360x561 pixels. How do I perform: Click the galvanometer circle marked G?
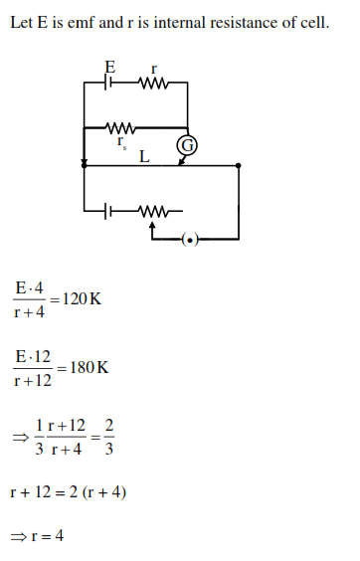coord(186,147)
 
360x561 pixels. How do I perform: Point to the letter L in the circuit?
coord(145,156)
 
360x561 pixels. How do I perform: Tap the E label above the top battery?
coord(110,68)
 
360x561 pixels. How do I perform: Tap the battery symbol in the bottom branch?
coord(110,211)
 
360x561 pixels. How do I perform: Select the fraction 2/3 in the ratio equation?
coord(108,437)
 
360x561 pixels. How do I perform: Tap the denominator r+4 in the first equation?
coord(30,311)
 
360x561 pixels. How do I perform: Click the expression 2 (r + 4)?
coord(100,493)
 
